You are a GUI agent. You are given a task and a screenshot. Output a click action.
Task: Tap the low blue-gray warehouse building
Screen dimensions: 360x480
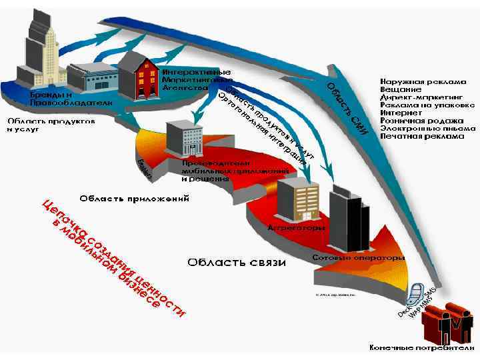coord(91,78)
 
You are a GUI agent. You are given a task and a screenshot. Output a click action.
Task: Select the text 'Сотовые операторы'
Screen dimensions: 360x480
coord(359,257)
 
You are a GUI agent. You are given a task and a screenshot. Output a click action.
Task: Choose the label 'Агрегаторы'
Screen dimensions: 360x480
coord(296,228)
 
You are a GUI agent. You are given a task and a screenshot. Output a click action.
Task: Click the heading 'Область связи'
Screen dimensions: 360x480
coord(236,262)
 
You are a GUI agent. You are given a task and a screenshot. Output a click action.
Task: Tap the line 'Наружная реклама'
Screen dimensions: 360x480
coord(423,81)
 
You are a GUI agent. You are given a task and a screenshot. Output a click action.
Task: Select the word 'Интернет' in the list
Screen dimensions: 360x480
coord(399,113)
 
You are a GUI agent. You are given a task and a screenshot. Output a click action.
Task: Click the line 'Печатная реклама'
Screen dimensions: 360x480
coord(421,136)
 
